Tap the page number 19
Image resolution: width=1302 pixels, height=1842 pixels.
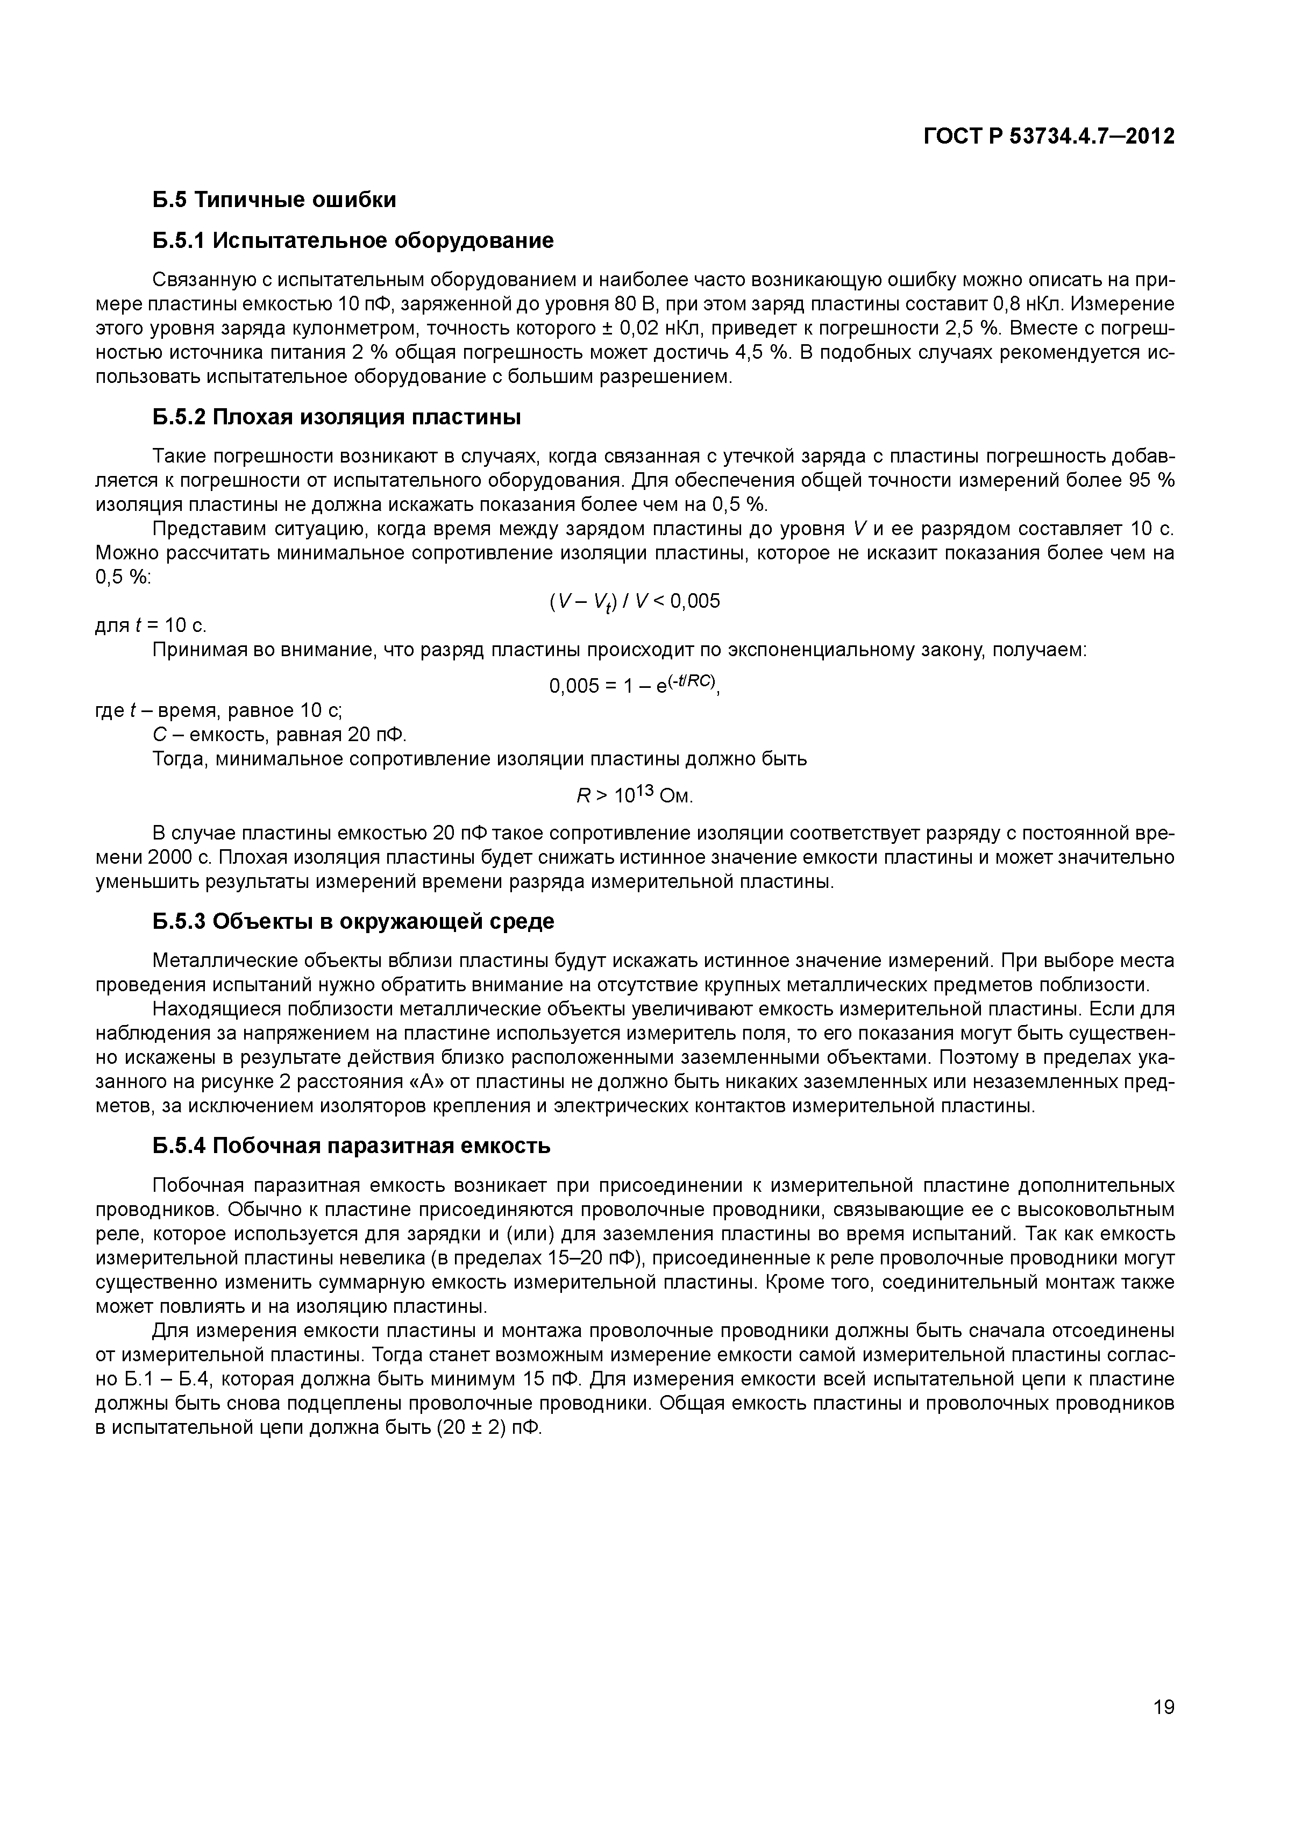[1162, 1729]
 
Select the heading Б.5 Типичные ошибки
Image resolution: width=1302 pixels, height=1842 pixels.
[274, 199]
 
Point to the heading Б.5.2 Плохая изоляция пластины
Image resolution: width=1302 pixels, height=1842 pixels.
[337, 417]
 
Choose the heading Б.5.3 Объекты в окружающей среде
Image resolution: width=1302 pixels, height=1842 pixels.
[353, 921]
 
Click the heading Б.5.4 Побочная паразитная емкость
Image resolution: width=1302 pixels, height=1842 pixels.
[351, 1146]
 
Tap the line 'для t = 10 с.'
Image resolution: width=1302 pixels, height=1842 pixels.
[151, 625]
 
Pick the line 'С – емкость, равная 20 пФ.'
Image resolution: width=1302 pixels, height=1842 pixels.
[280, 735]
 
